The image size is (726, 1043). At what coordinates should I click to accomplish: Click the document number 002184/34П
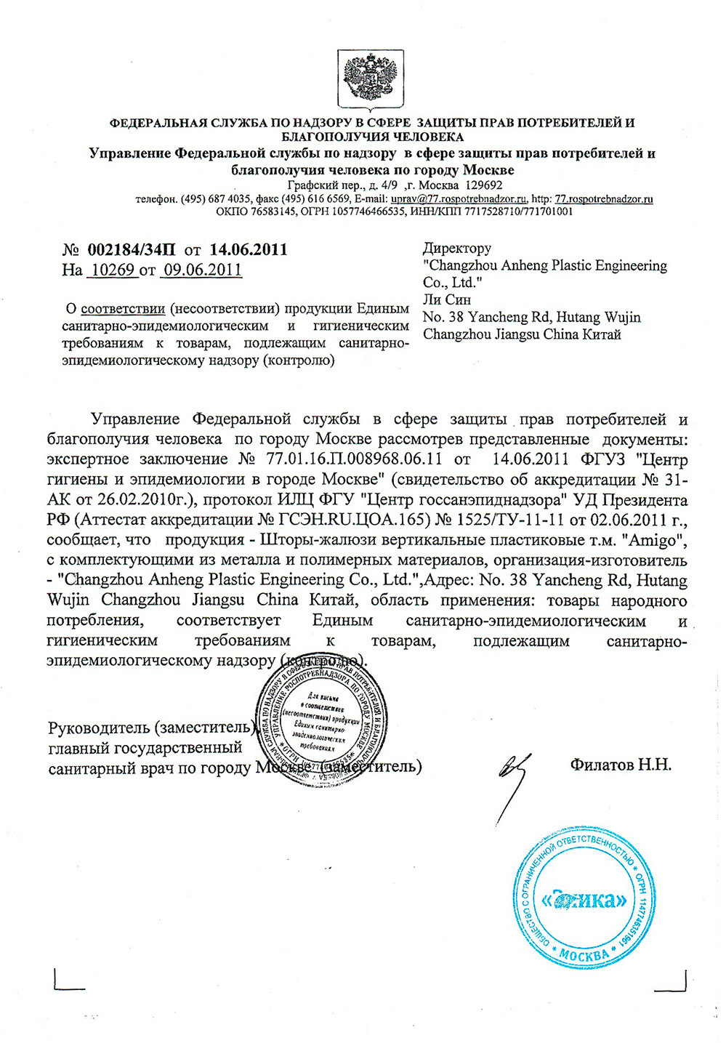pyautogui.click(x=131, y=250)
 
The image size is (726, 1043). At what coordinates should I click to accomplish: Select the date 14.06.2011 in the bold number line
pyautogui.click(x=249, y=250)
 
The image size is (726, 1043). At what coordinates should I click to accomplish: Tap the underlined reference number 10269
pyautogui.click(x=111, y=270)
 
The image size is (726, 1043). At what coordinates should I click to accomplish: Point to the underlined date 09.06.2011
pyautogui.click(x=201, y=270)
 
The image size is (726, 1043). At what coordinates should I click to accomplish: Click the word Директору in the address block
pyautogui.click(x=457, y=248)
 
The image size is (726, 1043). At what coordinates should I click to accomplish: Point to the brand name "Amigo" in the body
pyautogui.click(x=657, y=541)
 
